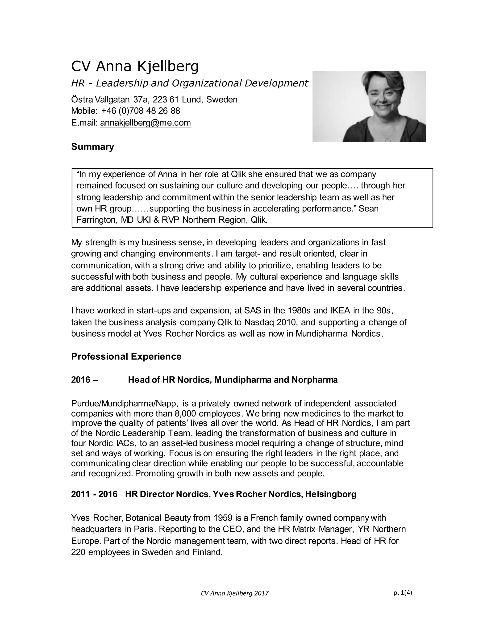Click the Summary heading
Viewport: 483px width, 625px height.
[92, 147]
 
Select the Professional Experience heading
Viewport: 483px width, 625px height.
[126, 357]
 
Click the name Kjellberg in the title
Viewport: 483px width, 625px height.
[168, 67]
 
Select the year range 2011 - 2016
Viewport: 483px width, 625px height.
[94, 494]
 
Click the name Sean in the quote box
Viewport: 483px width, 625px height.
[369, 209]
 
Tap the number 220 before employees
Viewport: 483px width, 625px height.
[78, 552]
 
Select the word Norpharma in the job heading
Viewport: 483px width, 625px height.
[315, 380]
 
